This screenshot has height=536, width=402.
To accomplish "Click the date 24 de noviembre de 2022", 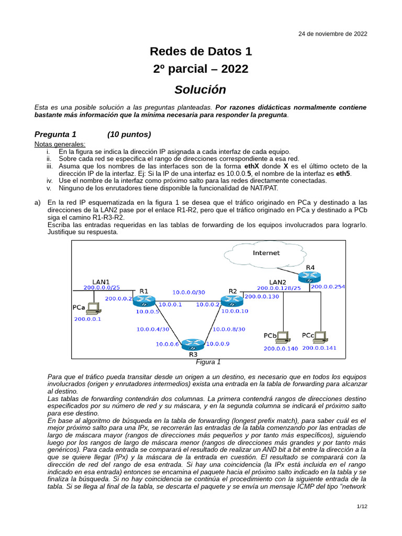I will tap(332, 33).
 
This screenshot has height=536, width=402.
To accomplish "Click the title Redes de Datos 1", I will tap(200, 51).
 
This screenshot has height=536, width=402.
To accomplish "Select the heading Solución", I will tap(200, 90).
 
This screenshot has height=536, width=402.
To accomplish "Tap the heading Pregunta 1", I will tap(55, 134).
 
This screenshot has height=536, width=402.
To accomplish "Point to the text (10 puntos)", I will tap(129, 134).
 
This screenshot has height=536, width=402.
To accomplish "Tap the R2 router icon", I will tap(231, 301).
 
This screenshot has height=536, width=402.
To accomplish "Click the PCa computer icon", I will tap(93, 308).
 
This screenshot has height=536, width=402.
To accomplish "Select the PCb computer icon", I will tap(283, 336).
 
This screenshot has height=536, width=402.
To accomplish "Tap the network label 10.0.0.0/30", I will tap(189, 292).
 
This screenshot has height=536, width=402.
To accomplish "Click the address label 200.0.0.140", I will tap(281, 348).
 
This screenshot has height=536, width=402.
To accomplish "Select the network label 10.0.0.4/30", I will tap(153, 329).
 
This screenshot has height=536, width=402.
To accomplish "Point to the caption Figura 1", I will tap(208, 362).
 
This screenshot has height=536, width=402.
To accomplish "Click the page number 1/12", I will tap(362, 506).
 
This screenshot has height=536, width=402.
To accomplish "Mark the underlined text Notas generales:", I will tap(60, 144).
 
